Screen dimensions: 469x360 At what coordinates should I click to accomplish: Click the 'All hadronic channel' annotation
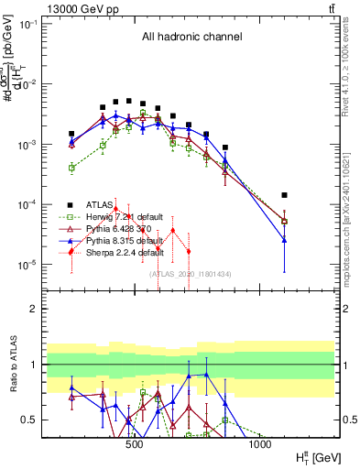(191, 38)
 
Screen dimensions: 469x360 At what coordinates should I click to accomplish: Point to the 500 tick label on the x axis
(134, 444)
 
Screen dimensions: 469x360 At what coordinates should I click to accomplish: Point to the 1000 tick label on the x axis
(259, 444)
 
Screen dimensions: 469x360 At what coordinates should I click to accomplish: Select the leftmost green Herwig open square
(71, 168)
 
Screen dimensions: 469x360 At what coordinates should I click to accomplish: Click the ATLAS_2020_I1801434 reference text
(191, 274)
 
